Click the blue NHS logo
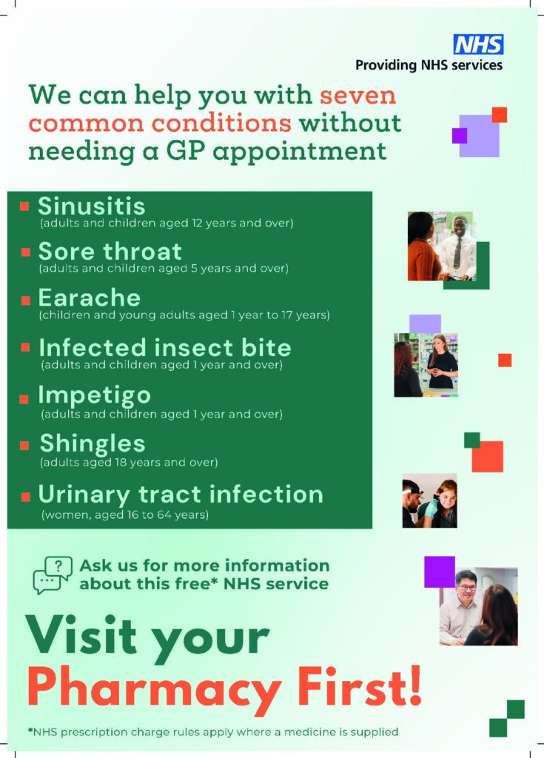[x=478, y=44]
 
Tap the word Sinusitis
[x=91, y=207]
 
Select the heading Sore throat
[x=110, y=252]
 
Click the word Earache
[x=90, y=298]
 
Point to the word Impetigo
[x=95, y=396]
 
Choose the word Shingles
[x=93, y=444]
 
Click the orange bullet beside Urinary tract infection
[x=26, y=497]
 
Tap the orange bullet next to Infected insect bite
[x=26, y=347]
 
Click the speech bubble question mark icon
[x=53, y=575]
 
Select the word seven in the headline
[x=357, y=95]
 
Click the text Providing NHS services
[x=429, y=65]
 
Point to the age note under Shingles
[x=129, y=463]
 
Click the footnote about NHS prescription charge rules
[x=213, y=732]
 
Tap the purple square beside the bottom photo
[x=440, y=572]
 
